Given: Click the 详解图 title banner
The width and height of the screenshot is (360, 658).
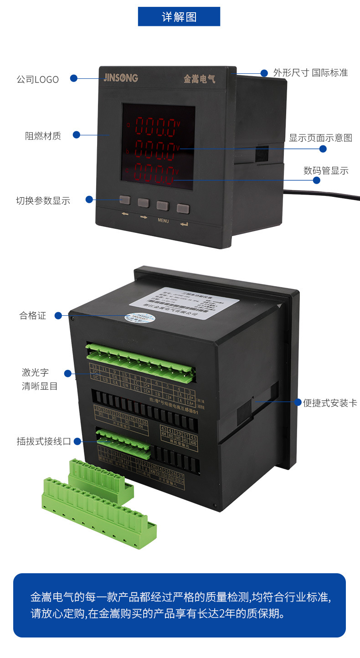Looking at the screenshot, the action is pos(179,17).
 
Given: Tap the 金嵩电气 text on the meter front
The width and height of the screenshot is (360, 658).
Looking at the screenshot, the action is pos(199,79).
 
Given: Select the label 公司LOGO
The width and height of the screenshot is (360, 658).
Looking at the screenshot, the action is pos(38,79).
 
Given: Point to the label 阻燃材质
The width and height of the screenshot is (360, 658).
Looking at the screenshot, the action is pos(43,136).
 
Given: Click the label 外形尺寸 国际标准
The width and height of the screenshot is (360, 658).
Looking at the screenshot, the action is pos(310,73).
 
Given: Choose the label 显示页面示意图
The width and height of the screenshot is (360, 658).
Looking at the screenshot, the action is pos(320,138).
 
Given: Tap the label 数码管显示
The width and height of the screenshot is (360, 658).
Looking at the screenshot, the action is pos(326,171).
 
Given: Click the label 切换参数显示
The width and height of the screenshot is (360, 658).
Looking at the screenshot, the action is pos(43,200).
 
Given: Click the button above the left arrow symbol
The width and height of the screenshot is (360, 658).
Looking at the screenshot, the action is pos(125,200).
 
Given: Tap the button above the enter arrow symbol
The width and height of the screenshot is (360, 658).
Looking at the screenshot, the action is pos(183,209).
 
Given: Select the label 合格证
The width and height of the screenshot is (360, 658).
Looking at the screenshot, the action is pos(33,315).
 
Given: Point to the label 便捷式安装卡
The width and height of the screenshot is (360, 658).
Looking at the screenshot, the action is pos(330,403).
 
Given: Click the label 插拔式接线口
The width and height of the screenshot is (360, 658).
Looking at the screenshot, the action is pos(44,441).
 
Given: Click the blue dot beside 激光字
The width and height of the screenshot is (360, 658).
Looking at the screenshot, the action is pos(68,374).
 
